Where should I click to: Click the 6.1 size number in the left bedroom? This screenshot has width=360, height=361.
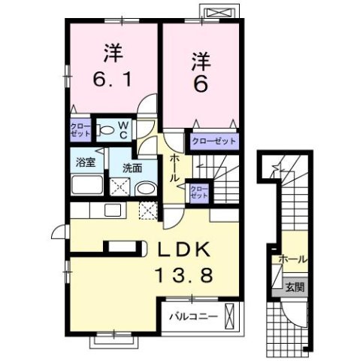pos(113,77)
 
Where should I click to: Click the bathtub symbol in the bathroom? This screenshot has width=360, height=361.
pos(89,185)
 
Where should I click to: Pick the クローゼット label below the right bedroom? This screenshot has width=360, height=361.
pos(213,141)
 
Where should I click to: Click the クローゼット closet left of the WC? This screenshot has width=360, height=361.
pos(80,129)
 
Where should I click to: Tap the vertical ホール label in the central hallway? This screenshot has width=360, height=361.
pos(174,168)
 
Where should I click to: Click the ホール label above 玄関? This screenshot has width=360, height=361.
pos(292,259)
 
